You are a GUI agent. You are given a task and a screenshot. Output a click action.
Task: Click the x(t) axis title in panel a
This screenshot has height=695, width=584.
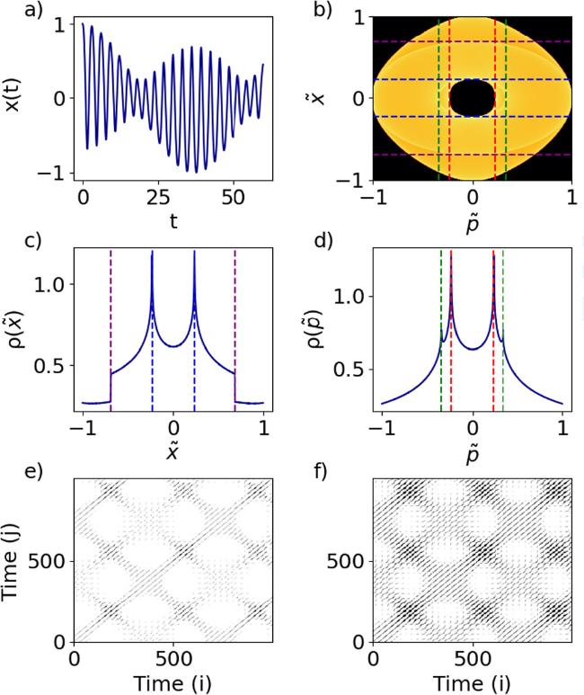point(17,97)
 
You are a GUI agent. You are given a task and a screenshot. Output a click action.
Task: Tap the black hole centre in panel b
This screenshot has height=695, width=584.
point(473,97)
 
